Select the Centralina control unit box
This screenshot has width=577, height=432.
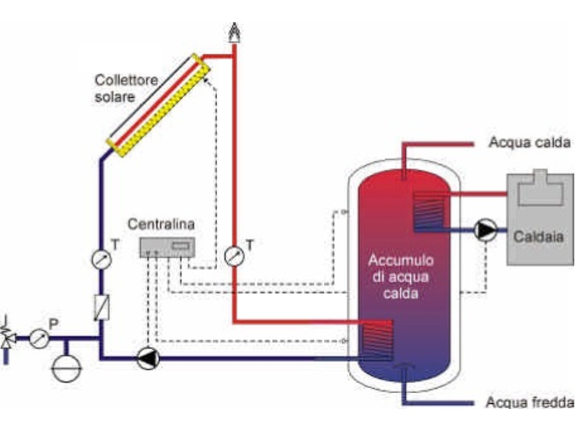(168, 247)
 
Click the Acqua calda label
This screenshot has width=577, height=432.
(529, 142)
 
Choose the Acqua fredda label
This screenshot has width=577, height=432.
(530, 402)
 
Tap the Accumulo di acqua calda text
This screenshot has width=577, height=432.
(402, 276)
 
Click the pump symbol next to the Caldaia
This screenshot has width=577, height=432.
(484, 230)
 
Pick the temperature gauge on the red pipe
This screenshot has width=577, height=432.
(234, 256)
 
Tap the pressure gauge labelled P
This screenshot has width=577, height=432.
(40, 337)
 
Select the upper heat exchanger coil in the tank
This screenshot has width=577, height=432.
(425, 209)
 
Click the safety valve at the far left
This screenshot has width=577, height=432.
(8, 334)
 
